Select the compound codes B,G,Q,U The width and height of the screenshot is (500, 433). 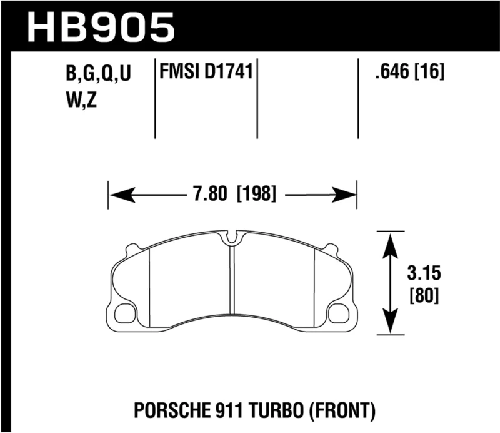click(99, 75)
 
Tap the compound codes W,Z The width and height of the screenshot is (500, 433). click(82, 100)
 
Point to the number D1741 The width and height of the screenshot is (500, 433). click(227, 73)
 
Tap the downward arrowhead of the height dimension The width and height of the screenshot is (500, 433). click(391, 325)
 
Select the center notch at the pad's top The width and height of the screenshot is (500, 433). click(232, 238)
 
